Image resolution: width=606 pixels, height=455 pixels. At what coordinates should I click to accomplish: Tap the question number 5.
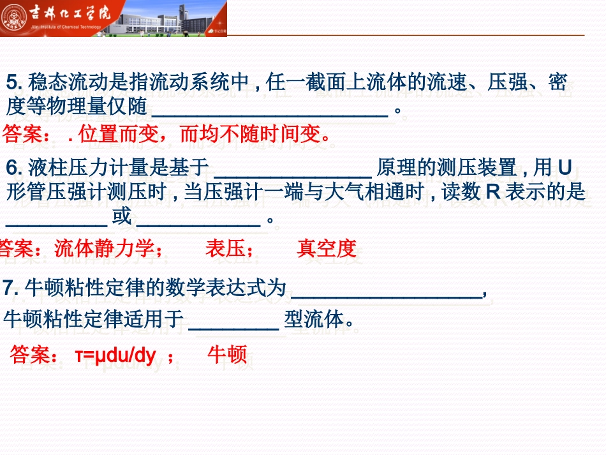coord(13,82)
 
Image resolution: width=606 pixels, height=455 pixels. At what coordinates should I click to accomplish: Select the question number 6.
coord(13,168)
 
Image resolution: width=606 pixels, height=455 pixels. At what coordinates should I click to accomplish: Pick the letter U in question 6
coord(564,167)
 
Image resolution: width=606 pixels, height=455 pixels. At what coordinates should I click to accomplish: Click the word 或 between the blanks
coord(122,217)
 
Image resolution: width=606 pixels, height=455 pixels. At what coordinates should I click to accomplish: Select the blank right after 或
coord(198,221)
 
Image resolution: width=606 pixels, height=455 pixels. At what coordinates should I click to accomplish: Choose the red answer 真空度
coord(326,249)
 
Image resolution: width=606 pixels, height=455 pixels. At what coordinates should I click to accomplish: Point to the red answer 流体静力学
coord(108,249)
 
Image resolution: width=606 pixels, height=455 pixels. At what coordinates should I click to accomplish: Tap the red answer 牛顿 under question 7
coord(227,355)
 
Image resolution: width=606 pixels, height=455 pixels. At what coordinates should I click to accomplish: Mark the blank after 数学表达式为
coord(387,292)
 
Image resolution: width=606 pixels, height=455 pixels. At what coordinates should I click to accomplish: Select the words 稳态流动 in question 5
coord(58,82)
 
